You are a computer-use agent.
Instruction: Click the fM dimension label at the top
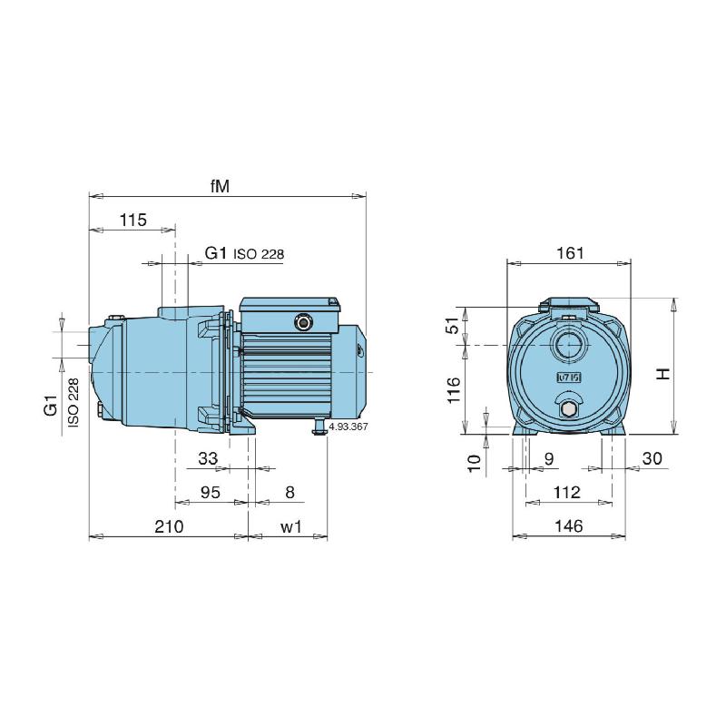point(219,186)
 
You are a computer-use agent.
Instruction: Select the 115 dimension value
point(132,221)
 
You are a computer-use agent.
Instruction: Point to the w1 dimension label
point(290,527)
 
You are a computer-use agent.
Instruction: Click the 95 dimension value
point(210,493)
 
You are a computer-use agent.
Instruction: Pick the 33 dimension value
point(208,459)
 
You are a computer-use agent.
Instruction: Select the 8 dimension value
point(289,493)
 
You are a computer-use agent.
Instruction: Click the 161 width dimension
point(570,253)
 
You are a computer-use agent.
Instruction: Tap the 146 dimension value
point(569,527)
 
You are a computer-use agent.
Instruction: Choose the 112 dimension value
point(568,493)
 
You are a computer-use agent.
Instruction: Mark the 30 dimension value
point(652,460)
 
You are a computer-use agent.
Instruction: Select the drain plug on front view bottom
point(569,410)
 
